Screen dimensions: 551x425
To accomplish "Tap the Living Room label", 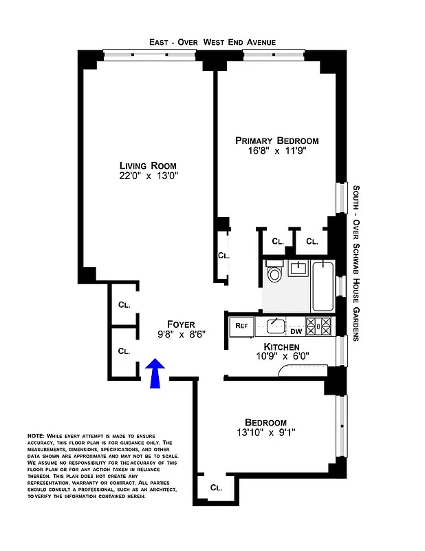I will (x=148, y=165).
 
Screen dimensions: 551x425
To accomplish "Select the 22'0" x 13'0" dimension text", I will (x=148, y=177).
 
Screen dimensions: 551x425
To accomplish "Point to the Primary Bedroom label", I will (x=277, y=140).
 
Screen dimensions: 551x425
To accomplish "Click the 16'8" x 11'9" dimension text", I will (x=277, y=152).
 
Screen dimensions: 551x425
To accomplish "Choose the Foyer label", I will (x=182, y=324).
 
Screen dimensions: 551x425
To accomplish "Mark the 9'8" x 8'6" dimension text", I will (x=182, y=335).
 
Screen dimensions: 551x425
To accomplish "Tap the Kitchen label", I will (x=282, y=346).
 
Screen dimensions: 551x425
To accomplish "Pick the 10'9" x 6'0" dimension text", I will (x=282, y=357).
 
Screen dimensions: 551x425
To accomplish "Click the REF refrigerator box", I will (x=241, y=325).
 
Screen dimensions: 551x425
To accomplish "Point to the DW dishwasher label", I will (x=296, y=331).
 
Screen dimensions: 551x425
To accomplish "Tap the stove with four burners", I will (x=319, y=325).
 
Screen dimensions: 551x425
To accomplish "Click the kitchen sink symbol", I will (x=274, y=324).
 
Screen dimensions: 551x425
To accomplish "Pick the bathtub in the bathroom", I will (x=322, y=286).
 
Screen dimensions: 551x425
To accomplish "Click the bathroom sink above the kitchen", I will (x=298, y=268).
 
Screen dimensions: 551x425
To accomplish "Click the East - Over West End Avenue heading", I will (x=212, y=42).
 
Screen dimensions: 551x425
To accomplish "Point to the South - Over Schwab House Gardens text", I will (x=356, y=262).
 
